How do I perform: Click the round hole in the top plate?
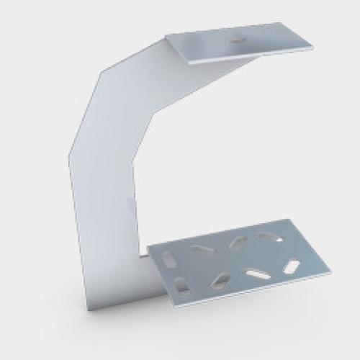[237, 40]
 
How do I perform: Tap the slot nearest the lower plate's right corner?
[292, 266]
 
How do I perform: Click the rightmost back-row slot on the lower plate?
[269, 235]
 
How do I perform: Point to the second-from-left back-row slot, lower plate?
[202, 249]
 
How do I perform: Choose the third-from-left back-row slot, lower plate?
[238, 242]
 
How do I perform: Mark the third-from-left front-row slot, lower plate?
[257, 274]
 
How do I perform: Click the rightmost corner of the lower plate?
[330, 273]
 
